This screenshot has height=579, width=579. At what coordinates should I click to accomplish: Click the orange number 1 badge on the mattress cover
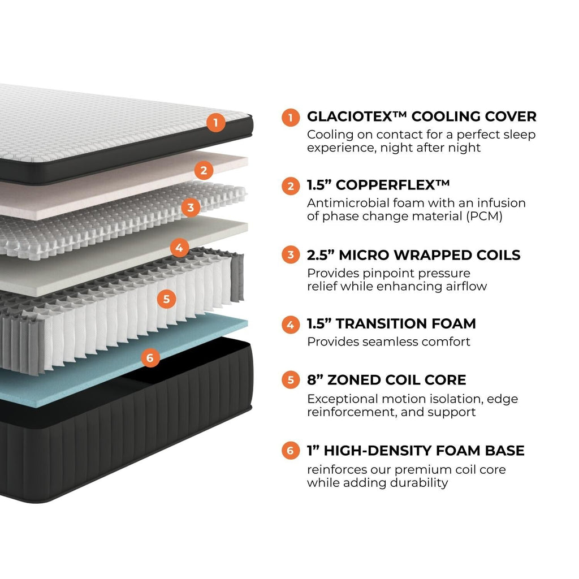pos(216,123)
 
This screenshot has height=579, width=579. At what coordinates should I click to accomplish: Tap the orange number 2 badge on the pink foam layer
pos(204,170)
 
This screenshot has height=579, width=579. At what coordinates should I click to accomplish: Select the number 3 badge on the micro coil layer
pos(191,208)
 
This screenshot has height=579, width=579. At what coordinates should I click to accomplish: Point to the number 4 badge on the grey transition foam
pos(179,247)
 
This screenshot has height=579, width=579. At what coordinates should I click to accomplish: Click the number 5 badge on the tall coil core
pos(166,299)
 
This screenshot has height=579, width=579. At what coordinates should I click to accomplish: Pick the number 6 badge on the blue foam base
pos(150,357)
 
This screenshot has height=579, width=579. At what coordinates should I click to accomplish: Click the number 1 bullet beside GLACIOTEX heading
pos(291,117)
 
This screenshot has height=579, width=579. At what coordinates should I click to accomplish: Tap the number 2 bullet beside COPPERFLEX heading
pos(291,186)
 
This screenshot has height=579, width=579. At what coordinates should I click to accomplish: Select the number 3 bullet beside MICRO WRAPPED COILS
pos(291,255)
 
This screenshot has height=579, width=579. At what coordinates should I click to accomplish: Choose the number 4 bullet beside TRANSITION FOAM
pos(291,324)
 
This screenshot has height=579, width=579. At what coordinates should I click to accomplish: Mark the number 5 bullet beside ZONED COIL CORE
pos(291,380)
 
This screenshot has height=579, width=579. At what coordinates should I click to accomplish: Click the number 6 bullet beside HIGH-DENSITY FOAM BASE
pos(291,451)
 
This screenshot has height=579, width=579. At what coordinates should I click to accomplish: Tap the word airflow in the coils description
pos(463,286)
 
